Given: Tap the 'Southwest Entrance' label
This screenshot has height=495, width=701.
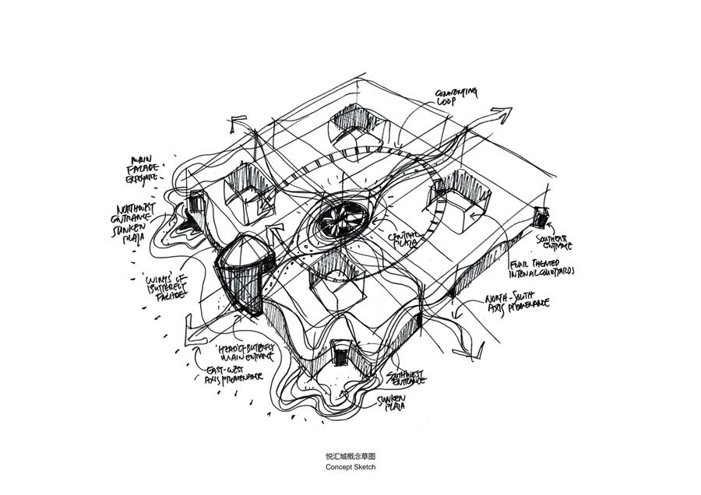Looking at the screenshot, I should tap(406, 379).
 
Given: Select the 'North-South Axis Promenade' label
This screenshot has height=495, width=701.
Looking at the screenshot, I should tap(516, 303).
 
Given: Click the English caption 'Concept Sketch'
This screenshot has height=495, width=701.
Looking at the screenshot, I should tap(350, 467).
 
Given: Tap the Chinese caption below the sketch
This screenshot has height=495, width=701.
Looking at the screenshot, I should tap(350, 456).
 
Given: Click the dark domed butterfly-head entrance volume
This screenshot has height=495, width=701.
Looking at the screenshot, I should tap(242, 272).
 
